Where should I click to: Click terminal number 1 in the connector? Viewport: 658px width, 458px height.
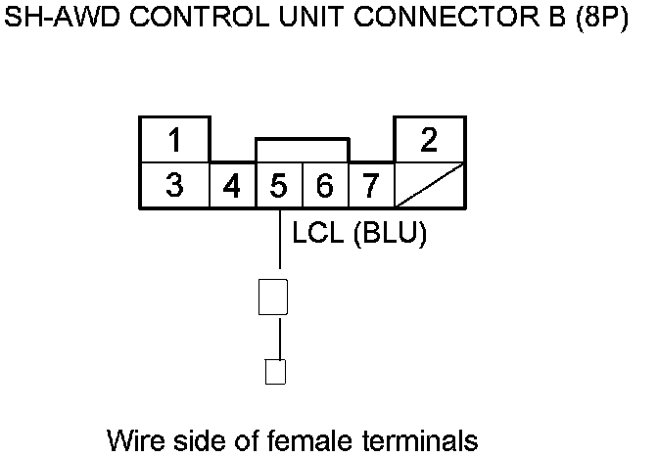[x=174, y=141]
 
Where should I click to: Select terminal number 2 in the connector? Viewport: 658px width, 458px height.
[x=429, y=141]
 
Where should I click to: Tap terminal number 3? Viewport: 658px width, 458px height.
[x=174, y=185]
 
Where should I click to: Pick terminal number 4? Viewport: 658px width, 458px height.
[x=232, y=185]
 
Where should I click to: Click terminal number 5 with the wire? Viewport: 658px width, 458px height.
[x=279, y=185]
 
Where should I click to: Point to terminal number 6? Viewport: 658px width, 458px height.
[x=325, y=185]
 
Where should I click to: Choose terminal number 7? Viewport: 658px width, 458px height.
[x=370, y=185]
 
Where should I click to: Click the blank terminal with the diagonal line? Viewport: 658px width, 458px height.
[x=429, y=185]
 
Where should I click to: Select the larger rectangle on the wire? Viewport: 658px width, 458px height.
[x=273, y=297]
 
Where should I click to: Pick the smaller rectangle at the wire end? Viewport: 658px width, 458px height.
[x=276, y=372]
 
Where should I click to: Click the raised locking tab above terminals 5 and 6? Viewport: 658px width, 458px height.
[x=302, y=150]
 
